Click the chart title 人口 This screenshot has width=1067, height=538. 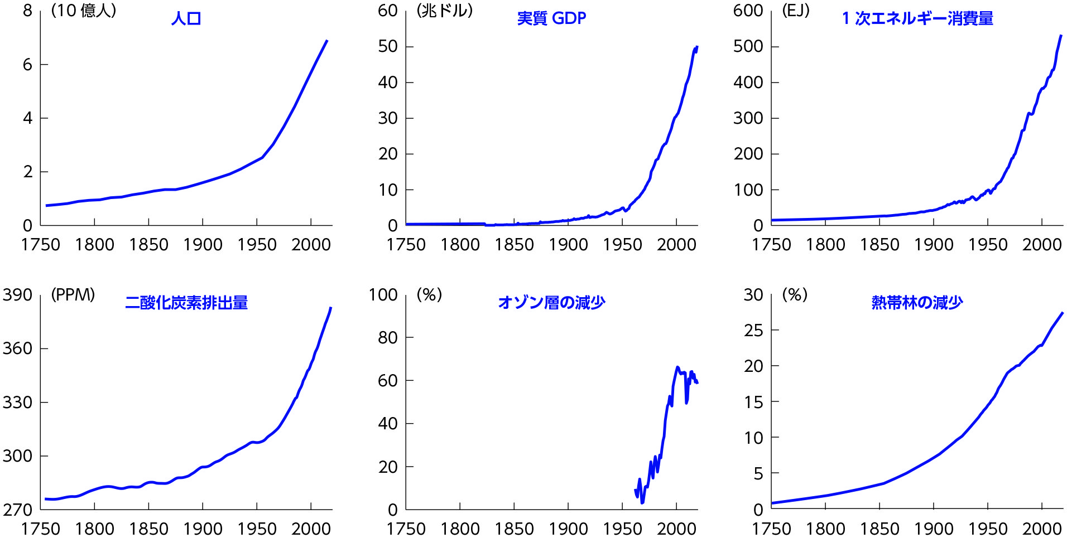point(186,18)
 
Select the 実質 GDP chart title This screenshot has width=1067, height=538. point(551,18)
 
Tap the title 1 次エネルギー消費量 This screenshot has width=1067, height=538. point(917,18)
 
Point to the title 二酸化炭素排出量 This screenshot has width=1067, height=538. point(186,303)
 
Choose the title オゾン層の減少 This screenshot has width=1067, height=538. point(551,303)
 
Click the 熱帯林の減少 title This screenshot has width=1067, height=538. point(917,303)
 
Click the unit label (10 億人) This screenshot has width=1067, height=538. point(84,11)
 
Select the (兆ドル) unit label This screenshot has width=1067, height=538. point(445,11)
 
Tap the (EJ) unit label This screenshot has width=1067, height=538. point(796,11)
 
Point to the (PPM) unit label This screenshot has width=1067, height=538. point(73,294)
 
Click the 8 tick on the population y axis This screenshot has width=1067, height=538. point(27,11)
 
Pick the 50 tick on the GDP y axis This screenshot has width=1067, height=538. point(387,46)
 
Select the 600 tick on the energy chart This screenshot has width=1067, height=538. point(748,11)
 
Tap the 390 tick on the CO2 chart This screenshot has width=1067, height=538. point(17,294)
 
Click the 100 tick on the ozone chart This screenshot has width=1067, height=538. point(383,294)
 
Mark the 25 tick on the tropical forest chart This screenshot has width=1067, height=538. point(753,330)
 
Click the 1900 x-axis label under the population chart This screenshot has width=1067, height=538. point(203,244)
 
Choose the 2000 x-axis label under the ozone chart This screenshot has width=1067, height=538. point(676,528)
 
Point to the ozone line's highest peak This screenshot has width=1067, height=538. point(677,367)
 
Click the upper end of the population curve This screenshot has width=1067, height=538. point(326,41)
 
